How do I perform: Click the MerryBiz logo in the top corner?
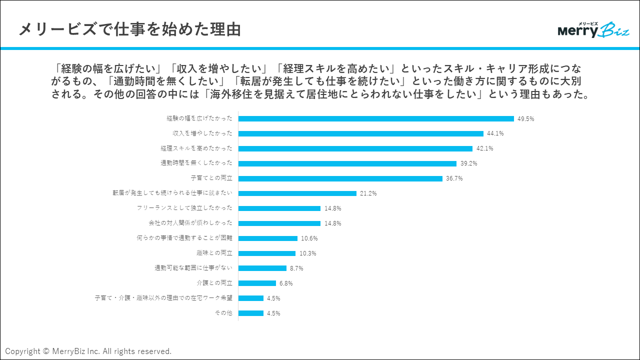593,30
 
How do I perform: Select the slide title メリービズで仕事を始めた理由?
130,29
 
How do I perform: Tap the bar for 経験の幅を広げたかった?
376,118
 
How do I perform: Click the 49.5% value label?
526,119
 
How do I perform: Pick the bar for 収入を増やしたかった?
361,133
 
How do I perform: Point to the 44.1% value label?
495,134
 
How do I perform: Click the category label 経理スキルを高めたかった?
196,148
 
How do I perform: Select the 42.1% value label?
484,149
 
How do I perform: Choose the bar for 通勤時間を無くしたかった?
347,163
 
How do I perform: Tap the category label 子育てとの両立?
211,178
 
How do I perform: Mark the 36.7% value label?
454,179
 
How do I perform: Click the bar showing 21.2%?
297,193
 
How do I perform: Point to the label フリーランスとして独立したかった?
184,208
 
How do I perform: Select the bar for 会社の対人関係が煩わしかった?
279,223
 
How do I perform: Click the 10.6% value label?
309,238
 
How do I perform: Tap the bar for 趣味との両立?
267,253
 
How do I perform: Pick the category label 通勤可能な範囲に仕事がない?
193,268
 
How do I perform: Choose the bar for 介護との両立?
257,283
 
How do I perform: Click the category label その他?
224,313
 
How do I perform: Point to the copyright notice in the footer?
88,351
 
